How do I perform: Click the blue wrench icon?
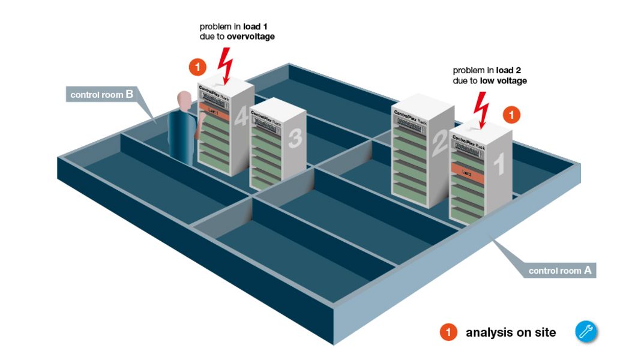click(x=586, y=332)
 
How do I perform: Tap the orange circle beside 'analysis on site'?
click(x=448, y=332)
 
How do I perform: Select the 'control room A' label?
click(x=559, y=271)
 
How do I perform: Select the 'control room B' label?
click(x=101, y=94)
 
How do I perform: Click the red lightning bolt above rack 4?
click(x=226, y=64)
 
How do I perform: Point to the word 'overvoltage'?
click(x=251, y=37)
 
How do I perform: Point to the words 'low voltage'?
click(x=503, y=80)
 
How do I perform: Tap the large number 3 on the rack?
click(x=295, y=139)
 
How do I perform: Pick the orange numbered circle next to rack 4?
click(x=197, y=67)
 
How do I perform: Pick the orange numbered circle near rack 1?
click(x=511, y=115)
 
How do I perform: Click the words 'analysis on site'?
click(x=511, y=332)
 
